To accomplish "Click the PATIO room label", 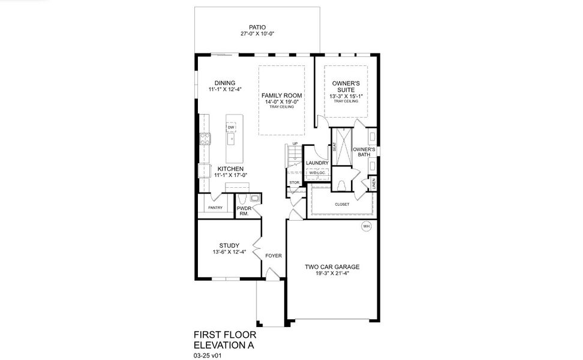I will tap(257, 27).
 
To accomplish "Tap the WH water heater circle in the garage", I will tap(365, 226).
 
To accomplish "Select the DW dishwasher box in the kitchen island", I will tap(231, 127).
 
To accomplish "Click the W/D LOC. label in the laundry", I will tap(315, 173).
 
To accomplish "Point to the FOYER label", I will tap(274, 256).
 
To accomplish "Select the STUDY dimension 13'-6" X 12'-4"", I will tap(229, 252).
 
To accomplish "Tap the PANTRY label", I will tap(215, 208).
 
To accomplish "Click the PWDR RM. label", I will tap(244, 211).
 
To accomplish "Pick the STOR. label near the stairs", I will tap(294, 182).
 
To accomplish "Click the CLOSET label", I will tap(342, 204).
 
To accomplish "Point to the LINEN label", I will tap(374, 184).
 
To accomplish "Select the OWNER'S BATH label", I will tap(364, 152).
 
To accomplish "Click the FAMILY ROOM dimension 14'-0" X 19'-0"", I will tap(281, 102).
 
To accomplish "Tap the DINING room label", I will tap(225, 83).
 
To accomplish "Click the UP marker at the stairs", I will tap(294, 144).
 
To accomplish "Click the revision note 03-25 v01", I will tap(209, 355).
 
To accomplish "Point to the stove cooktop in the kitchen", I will tap(205, 138).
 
